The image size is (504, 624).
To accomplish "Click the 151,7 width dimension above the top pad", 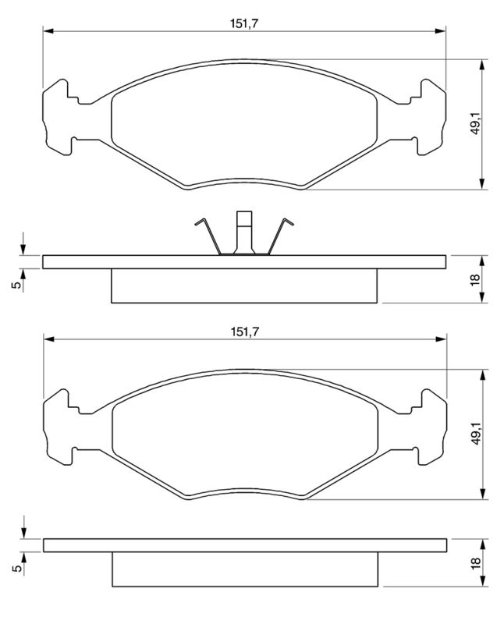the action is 244,23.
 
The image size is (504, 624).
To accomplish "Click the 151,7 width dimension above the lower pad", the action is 245,331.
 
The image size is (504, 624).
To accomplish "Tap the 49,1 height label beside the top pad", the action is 476,123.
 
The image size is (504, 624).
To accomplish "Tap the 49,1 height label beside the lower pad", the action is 476,433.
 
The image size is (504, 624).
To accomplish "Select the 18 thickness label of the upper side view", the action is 475,279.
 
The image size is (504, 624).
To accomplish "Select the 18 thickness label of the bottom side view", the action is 476,562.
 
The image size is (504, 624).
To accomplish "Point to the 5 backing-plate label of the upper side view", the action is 16,285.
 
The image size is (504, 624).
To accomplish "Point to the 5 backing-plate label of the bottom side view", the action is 17,568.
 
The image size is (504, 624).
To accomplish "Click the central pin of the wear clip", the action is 244,232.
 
